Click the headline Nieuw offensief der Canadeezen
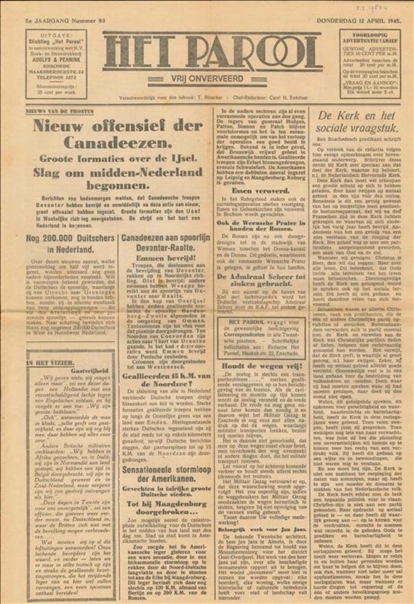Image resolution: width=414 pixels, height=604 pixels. pyautogui.click(x=117, y=135)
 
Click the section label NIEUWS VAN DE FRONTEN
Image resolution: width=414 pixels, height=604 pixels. pyautogui.click(x=60, y=111)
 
